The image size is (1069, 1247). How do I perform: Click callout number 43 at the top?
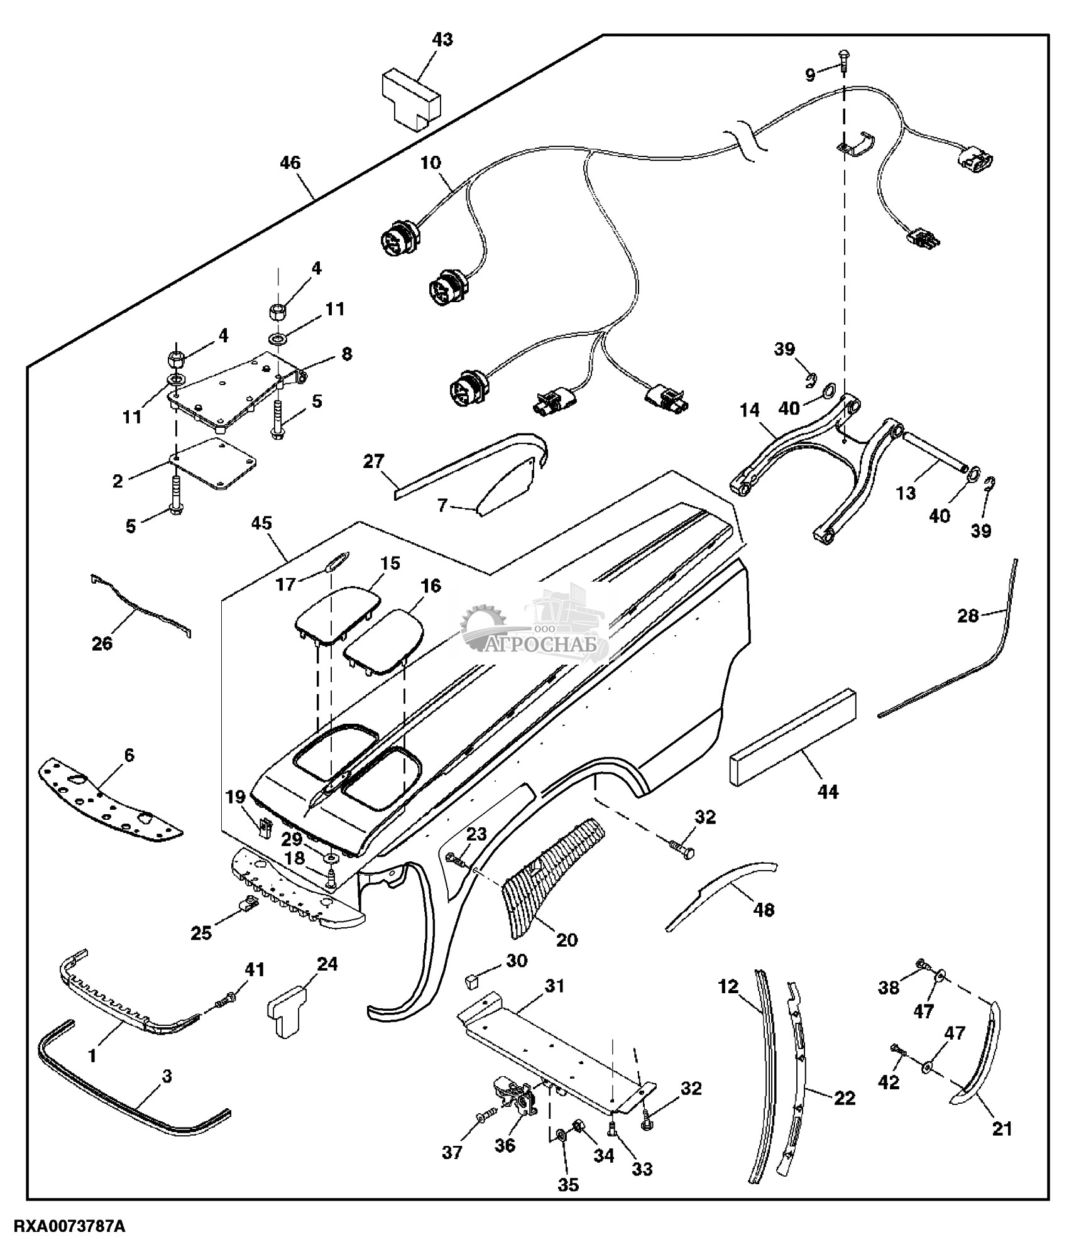[442, 40]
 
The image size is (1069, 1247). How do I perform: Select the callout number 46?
[290, 163]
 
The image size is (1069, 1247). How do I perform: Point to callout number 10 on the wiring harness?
[431, 163]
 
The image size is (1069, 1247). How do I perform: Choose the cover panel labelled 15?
[337, 615]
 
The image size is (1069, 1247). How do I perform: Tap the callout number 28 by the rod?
[968, 616]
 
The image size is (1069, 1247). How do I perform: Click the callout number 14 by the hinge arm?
[749, 411]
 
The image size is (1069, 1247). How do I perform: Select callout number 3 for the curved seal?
[167, 1077]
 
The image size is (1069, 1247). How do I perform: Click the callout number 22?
[845, 1098]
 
